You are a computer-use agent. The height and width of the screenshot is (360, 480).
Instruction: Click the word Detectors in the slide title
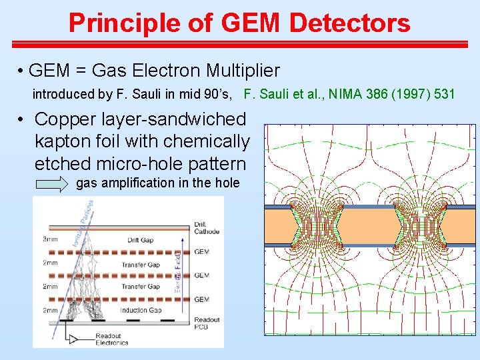(350, 23)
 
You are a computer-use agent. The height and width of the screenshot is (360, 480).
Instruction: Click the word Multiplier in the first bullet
(243, 71)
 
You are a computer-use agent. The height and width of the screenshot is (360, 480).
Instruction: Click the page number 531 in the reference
(445, 94)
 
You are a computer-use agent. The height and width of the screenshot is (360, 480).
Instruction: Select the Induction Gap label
(141, 310)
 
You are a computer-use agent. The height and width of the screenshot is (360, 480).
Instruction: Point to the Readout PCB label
(206, 323)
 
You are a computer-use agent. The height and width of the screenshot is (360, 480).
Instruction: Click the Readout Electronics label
(111, 339)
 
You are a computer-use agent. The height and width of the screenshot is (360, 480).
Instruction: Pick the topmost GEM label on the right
(201, 251)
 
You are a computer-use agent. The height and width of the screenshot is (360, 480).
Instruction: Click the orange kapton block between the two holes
(367, 226)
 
